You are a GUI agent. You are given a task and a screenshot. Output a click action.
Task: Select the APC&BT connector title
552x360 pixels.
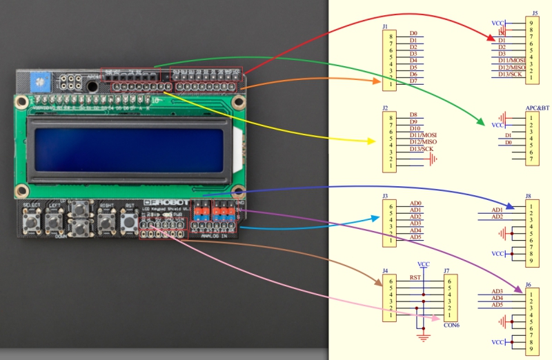point(537,108)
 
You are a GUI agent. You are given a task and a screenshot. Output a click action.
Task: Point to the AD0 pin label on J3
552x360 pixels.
point(415,203)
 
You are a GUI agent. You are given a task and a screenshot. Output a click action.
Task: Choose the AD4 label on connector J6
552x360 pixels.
point(497,298)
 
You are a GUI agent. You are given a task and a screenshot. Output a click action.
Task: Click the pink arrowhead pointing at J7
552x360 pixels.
point(436,318)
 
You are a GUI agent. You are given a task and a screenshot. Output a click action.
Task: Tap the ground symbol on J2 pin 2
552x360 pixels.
point(432,159)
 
